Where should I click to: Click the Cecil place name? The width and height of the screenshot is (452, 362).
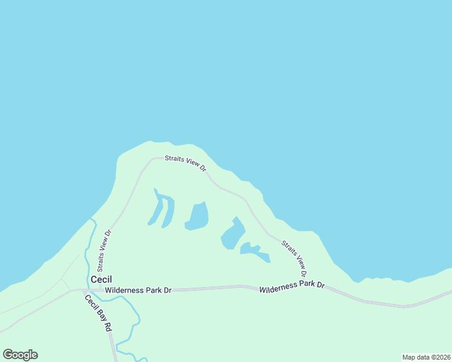click(101, 280)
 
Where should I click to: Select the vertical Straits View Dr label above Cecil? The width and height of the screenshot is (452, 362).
click(104, 250)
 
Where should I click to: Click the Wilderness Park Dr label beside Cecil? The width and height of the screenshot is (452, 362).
click(138, 290)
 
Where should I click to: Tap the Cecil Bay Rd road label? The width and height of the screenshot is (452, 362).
click(98, 313)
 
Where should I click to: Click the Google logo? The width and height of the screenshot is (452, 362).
click(20, 355)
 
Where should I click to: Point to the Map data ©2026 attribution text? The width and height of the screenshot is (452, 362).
click(426, 357)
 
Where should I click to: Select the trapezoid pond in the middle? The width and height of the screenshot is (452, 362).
click(198, 215)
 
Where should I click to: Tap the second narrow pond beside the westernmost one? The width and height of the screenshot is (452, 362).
click(169, 213)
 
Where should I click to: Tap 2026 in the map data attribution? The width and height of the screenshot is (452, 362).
click(442, 357)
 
